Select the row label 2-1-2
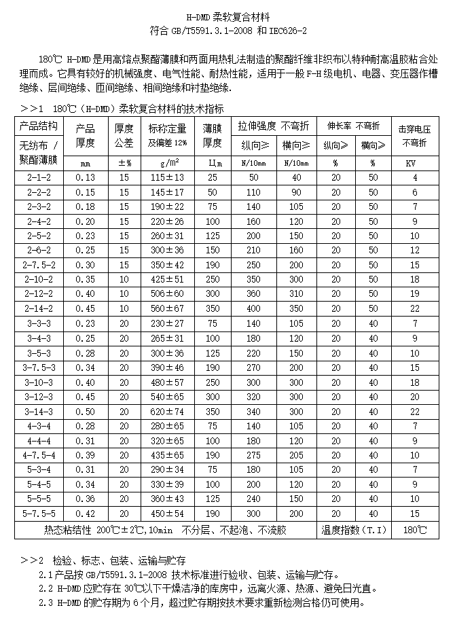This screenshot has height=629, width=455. tap(38, 177)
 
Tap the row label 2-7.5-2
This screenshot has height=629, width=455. tap(38, 265)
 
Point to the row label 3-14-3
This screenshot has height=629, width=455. tap(38, 412)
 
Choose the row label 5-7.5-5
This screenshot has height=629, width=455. tap(38, 514)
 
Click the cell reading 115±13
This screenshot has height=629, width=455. tap(167, 177)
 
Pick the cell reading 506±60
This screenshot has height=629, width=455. tap(167, 294)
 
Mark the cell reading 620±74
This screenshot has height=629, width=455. tap(167, 412)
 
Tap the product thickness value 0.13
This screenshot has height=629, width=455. tap(86, 177)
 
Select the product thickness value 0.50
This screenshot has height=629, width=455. tap(86, 412)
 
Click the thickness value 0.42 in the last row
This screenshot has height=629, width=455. tap(86, 514)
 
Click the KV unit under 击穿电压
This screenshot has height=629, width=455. tap(411, 163)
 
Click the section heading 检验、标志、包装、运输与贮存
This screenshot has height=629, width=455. tap(115, 560)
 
